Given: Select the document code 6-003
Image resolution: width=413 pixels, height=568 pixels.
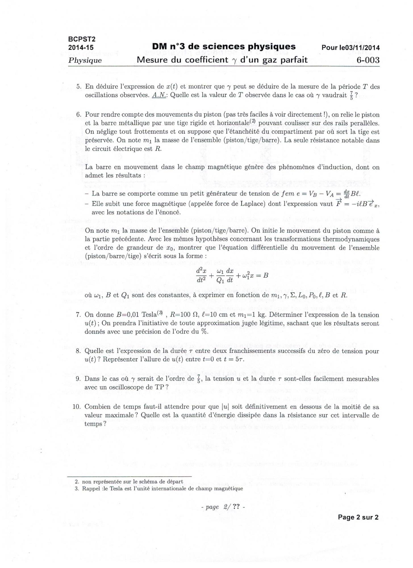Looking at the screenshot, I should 368,60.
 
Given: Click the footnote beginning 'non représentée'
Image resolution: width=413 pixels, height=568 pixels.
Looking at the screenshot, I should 132,481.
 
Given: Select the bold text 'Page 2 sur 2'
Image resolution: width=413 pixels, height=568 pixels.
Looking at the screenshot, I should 358,517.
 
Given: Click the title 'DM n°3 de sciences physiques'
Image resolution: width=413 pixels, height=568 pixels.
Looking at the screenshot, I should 224,47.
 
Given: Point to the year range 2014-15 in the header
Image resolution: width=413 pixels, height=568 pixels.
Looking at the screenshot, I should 81,47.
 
